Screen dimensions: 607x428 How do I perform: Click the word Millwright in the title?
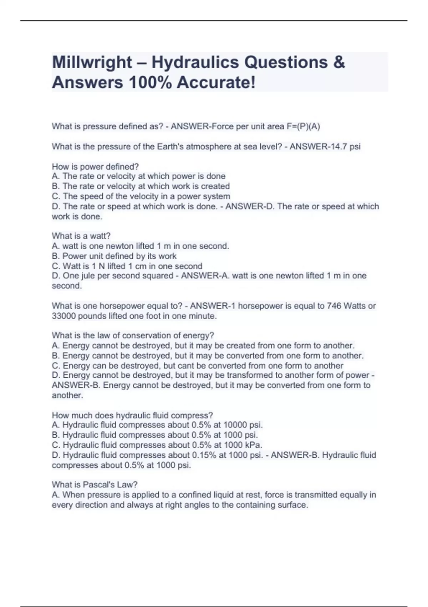point(92,62)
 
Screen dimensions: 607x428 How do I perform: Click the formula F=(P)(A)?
point(303,127)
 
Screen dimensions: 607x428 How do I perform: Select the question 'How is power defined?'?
point(95,167)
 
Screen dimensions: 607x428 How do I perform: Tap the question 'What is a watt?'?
point(81,236)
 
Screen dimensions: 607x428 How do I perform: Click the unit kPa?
point(254,445)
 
